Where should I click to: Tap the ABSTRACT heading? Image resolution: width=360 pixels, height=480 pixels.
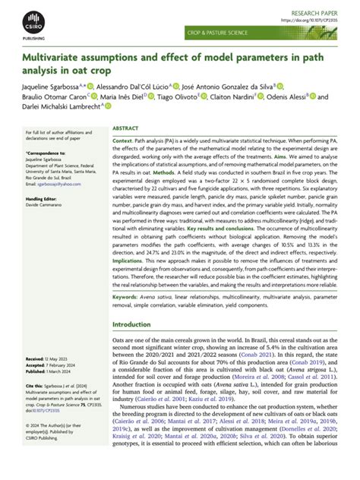[125, 130]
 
